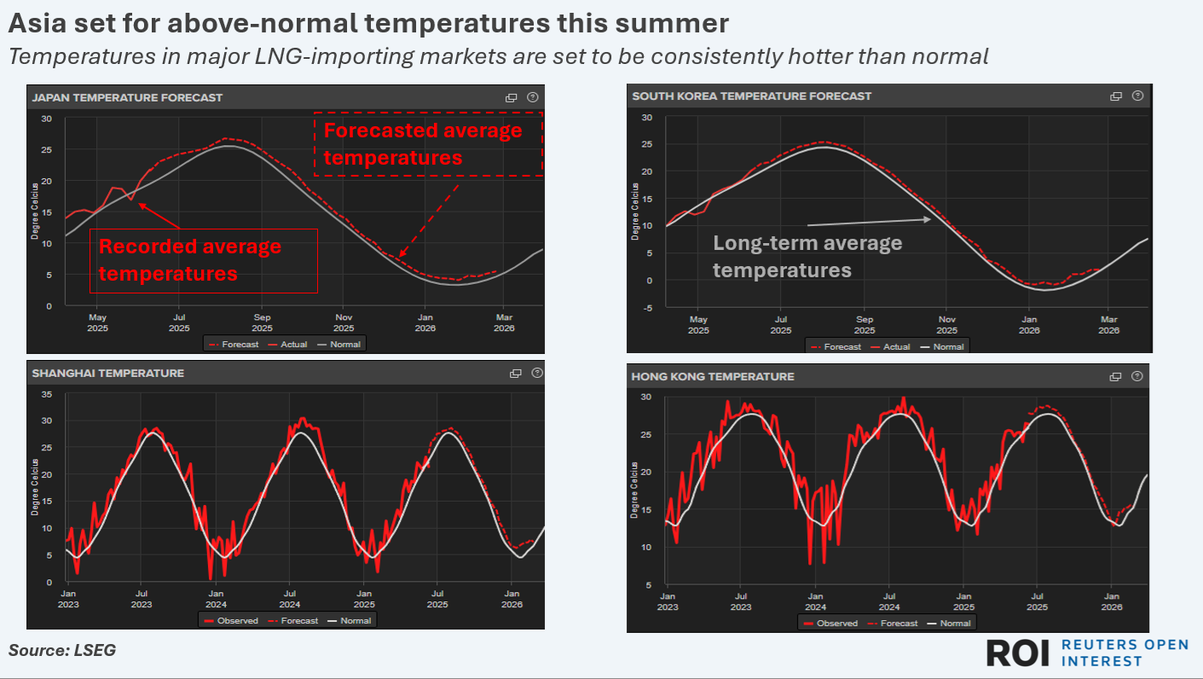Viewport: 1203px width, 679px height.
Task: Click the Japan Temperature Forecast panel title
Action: click(x=127, y=97)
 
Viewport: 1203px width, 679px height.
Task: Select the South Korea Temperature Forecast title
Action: click(x=751, y=96)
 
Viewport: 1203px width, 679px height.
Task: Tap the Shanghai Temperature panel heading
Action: click(x=107, y=373)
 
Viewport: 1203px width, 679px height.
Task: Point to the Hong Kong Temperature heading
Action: click(x=712, y=376)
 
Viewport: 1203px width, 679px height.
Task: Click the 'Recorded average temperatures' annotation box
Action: click(x=203, y=260)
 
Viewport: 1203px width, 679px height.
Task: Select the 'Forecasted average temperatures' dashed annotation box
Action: click(x=428, y=143)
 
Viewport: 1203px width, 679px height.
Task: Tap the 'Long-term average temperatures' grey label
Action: click(x=807, y=256)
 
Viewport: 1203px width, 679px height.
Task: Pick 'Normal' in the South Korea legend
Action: click(x=948, y=347)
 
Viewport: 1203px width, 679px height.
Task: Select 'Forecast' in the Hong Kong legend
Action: click(x=899, y=624)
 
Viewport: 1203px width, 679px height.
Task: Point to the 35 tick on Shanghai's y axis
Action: click(x=47, y=394)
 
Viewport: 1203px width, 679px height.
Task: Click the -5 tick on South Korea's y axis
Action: click(x=647, y=308)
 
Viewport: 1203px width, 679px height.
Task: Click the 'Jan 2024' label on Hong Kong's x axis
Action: click(x=815, y=601)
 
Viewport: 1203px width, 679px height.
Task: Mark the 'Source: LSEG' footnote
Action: click(x=61, y=650)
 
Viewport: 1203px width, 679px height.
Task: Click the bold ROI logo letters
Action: click(x=1018, y=653)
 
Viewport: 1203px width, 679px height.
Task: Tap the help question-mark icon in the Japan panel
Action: click(x=533, y=97)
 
